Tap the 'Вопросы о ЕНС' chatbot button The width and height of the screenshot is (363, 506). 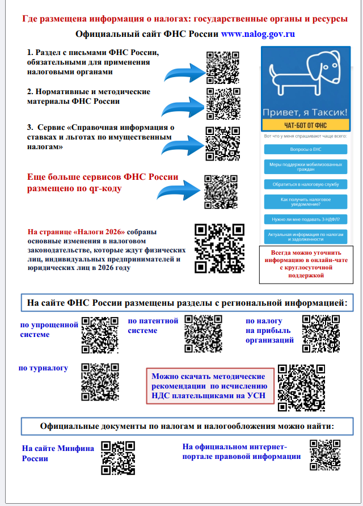[x=305, y=149]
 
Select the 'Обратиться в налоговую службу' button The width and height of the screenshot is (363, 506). [x=305, y=184]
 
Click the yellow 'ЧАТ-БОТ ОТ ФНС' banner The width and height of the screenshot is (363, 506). [x=305, y=125]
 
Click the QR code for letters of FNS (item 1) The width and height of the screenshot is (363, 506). [x=222, y=68]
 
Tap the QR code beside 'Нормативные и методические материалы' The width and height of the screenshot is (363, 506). [x=222, y=104]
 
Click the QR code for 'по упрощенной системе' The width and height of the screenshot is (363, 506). [x=100, y=335]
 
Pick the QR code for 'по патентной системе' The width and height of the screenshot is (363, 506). [x=203, y=334]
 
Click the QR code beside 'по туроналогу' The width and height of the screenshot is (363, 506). [x=100, y=382]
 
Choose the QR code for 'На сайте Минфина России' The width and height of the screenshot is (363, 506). [x=118, y=457]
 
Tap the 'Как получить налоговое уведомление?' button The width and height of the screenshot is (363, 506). [x=305, y=201]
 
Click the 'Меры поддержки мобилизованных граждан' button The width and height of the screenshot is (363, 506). [x=305, y=167]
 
